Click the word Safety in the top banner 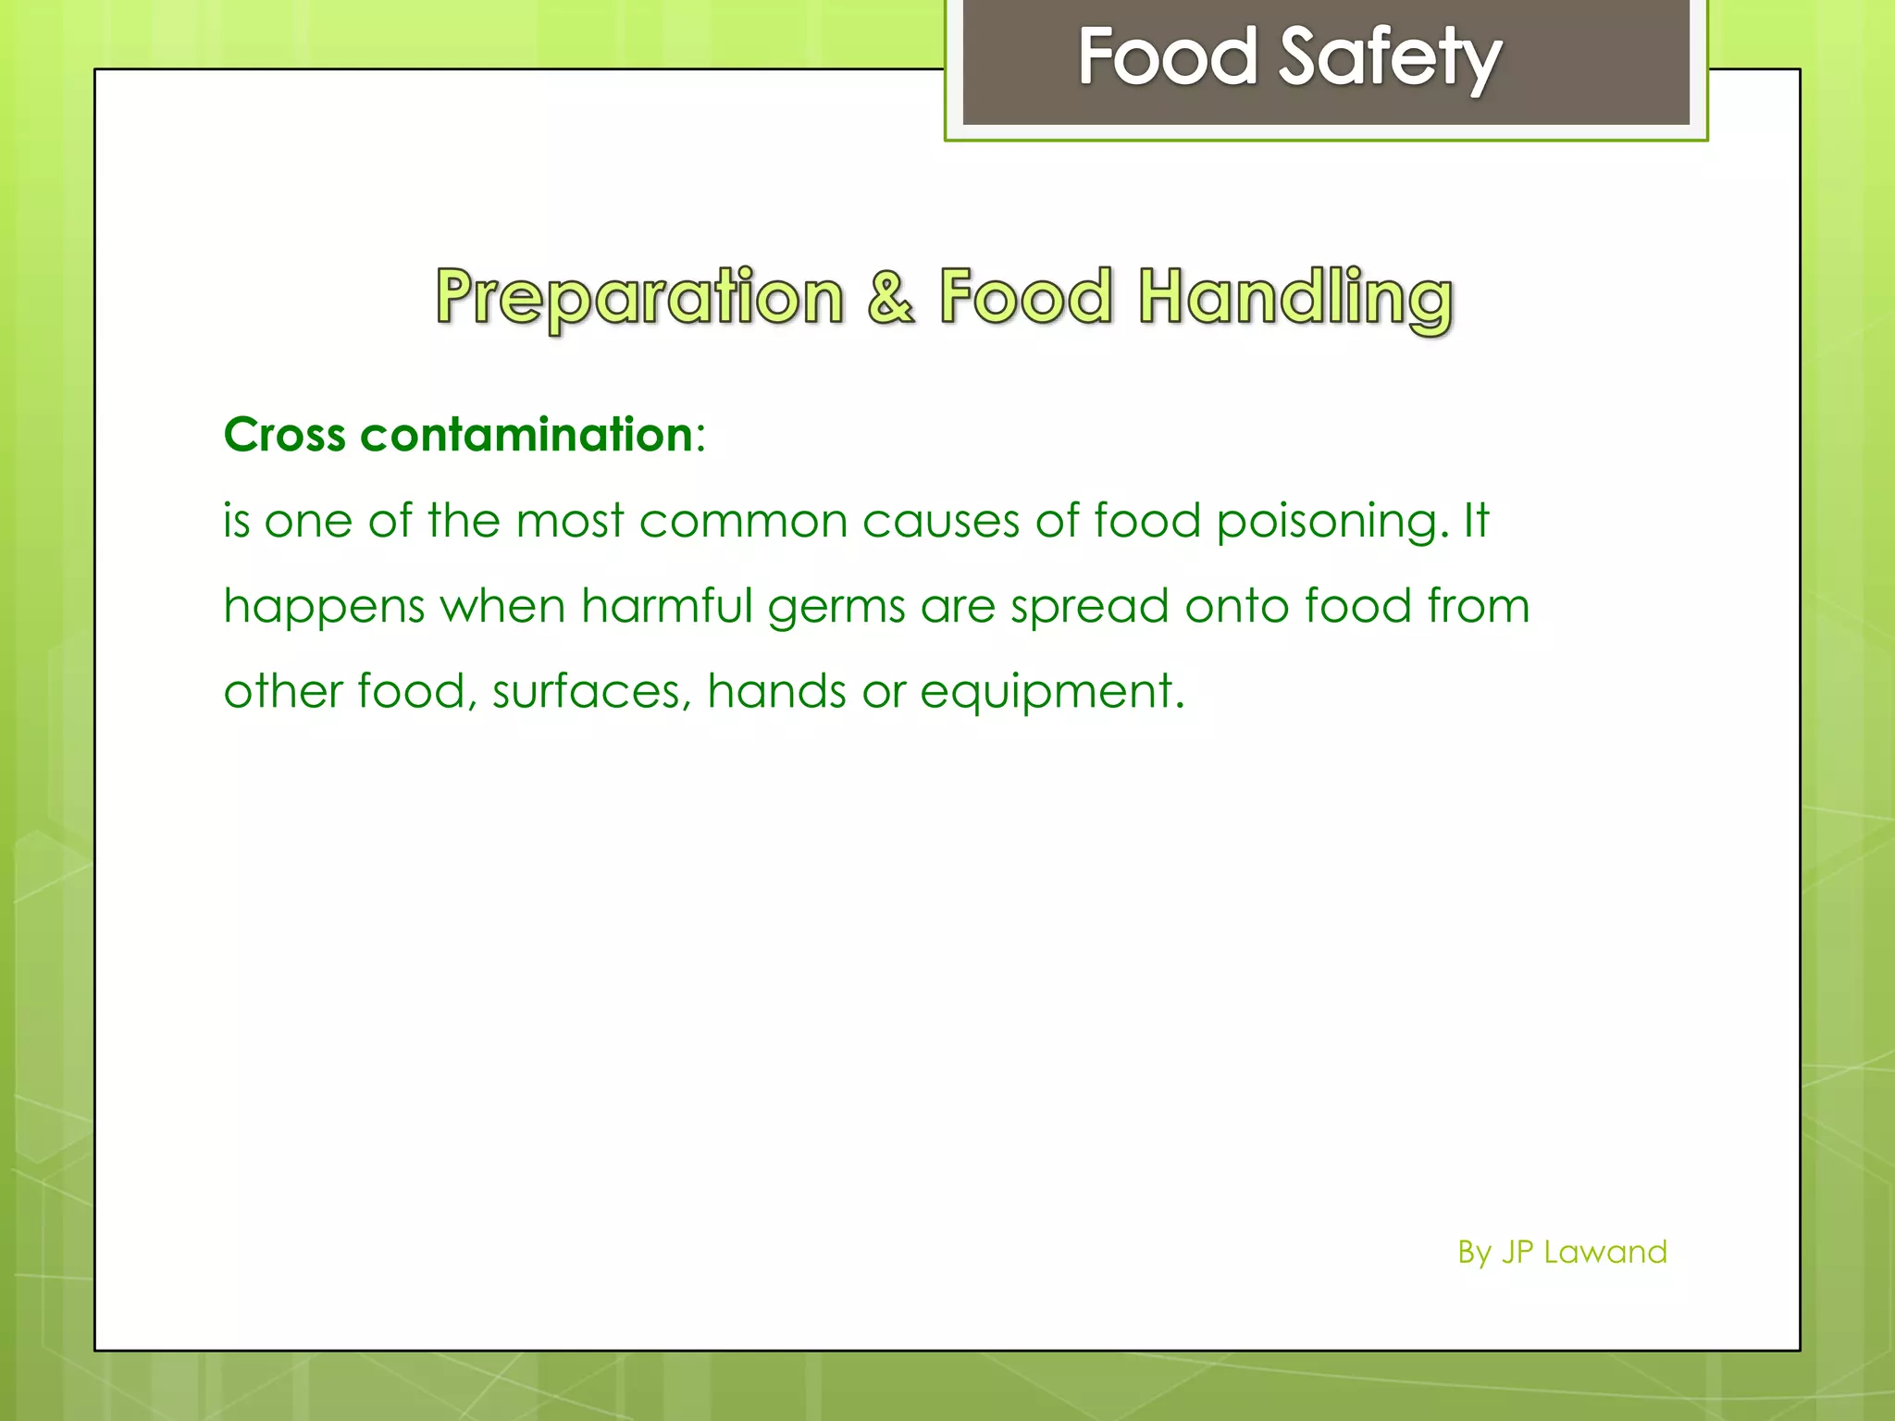pos(1390,57)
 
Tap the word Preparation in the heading pos(639,298)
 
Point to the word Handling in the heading pos(1295,298)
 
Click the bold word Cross pos(285,435)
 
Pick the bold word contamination pos(526,435)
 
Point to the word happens pos(324,608)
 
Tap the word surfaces pos(591,692)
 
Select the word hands pos(776,691)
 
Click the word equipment pos(1051,693)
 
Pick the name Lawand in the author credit pos(1605,1253)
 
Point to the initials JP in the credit pos(1517,1253)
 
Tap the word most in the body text pos(570,521)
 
